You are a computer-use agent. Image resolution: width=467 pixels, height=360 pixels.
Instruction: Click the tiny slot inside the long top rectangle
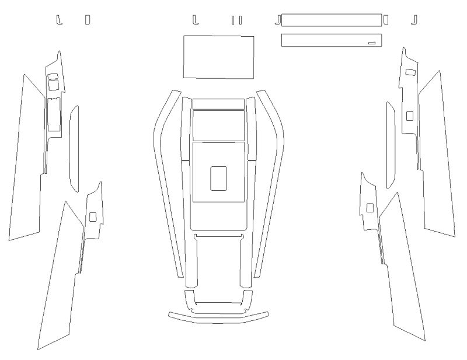[x=372, y=42]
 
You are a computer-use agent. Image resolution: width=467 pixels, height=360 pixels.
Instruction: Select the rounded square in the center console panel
[x=218, y=179]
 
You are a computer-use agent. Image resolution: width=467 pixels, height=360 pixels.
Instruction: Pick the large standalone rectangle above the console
[x=218, y=57]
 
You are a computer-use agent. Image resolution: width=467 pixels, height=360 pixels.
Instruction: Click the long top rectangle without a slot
[x=331, y=20]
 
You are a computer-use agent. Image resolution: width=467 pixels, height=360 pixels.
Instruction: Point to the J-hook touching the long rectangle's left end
[x=278, y=20]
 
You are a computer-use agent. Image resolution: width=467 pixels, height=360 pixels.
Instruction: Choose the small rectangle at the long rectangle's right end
[x=386, y=20]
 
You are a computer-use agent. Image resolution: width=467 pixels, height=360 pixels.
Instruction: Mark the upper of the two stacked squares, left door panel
[x=53, y=76]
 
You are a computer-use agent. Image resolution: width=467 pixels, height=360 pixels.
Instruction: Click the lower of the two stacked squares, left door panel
[x=53, y=85]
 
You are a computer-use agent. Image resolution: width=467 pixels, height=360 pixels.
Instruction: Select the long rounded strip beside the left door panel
[x=74, y=149]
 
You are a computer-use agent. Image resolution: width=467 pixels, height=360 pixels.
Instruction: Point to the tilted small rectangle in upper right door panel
[x=410, y=72]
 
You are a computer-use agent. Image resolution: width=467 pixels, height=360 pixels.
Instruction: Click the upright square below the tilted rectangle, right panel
[x=409, y=115]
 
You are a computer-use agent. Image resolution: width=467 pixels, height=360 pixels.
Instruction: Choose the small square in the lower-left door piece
[x=93, y=216]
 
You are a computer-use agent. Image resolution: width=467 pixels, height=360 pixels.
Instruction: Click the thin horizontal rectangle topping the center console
[x=218, y=104]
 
